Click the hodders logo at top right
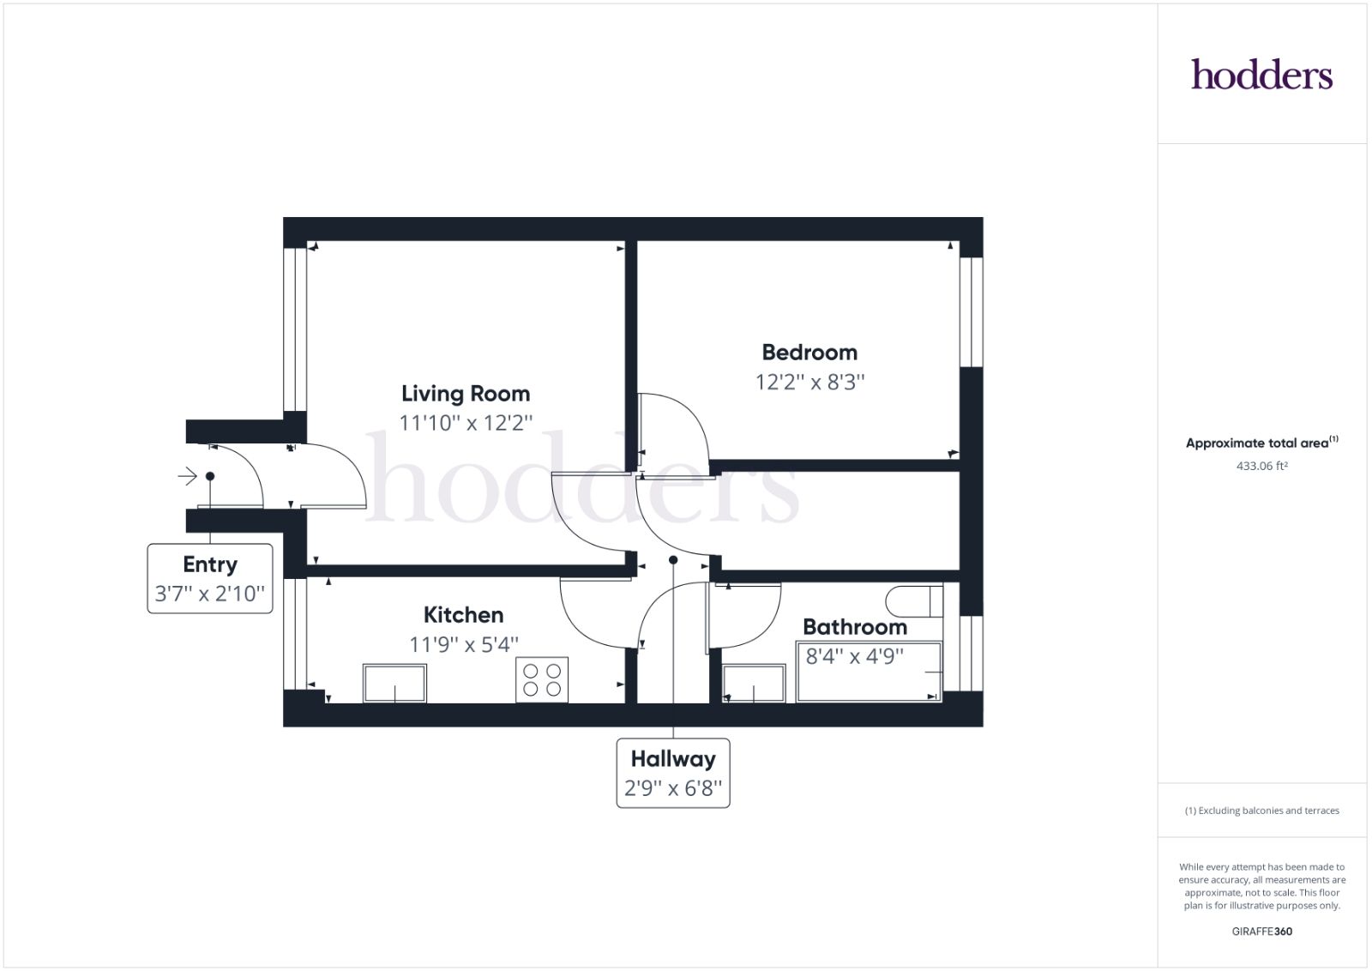pos(1261,75)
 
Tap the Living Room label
pos(466,394)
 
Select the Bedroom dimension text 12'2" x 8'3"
pos(809,382)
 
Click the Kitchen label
pos(463,615)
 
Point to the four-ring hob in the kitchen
pos(542,680)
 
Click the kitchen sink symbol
pos(394,684)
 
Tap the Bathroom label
pos(854,627)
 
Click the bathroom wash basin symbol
pos(754,684)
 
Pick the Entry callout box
pos(210,578)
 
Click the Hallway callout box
pos(673,773)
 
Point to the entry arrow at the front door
pos(187,476)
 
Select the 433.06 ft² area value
pos(1261,467)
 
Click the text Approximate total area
pos(1257,443)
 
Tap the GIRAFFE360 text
pos(1261,931)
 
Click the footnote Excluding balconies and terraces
pos(1261,811)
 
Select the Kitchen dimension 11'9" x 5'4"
pos(463,644)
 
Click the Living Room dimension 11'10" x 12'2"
pos(466,423)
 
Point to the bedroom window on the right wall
pos(971,312)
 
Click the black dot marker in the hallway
pos(673,560)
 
